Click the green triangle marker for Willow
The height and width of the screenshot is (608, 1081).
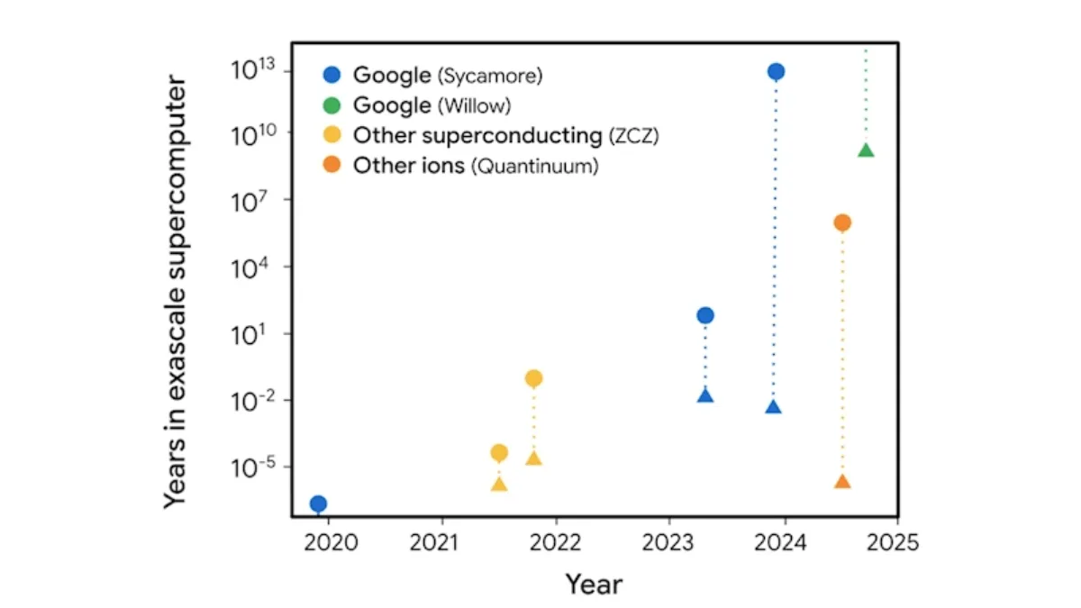click(x=867, y=150)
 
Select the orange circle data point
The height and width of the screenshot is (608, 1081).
click(x=842, y=222)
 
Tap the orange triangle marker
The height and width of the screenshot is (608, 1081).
click(x=842, y=482)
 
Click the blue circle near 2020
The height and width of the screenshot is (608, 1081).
click(x=319, y=504)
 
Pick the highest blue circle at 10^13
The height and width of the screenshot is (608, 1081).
click(x=776, y=71)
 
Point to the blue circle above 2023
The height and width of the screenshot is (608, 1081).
click(x=705, y=315)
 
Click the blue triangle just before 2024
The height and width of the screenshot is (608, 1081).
click(x=774, y=407)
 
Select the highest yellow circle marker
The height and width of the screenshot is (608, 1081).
click(x=533, y=378)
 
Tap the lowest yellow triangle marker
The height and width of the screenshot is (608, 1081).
click(x=499, y=485)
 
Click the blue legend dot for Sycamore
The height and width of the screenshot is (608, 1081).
click(x=332, y=75)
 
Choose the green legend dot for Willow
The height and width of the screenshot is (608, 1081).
click(x=332, y=105)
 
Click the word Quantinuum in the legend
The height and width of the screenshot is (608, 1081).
click(x=535, y=167)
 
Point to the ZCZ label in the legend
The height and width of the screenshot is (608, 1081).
click(x=633, y=136)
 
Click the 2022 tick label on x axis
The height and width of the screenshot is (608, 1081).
click(x=555, y=543)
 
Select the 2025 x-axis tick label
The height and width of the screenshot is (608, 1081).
click(x=893, y=543)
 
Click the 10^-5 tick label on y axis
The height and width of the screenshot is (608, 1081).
click(x=254, y=467)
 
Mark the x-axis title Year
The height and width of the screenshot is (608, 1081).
click(x=594, y=585)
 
